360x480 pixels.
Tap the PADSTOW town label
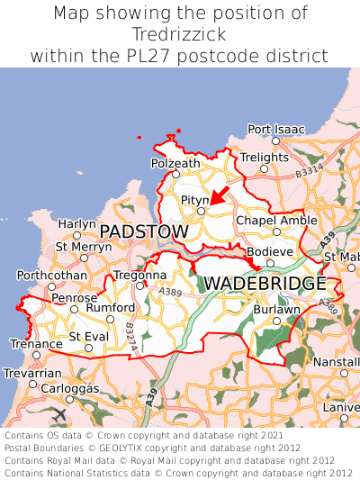(144, 232)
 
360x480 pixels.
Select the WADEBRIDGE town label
(265, 284)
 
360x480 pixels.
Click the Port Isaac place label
(276, 130)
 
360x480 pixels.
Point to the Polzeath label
(175, 163)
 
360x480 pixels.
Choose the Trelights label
(264, 158)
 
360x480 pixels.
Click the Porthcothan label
(52, 276)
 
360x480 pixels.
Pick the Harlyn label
(76, 223)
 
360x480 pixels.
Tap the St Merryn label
(84, 246)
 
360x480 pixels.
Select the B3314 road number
(309, 169)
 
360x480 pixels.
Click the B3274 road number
(131, 338)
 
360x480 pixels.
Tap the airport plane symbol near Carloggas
(59, 415)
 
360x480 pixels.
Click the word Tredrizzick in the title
(179, 34)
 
